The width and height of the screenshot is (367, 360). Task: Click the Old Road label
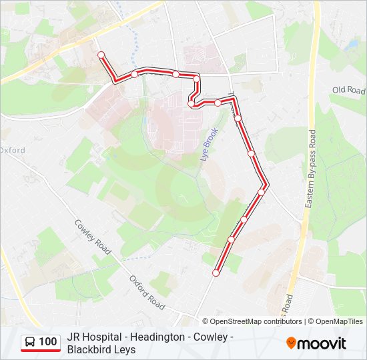coord(349,90)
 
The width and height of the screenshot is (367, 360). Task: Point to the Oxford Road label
coord(147,292)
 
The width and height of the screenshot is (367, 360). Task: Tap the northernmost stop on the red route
coord(101,55)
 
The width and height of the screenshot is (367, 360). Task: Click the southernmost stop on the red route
coord(216,273)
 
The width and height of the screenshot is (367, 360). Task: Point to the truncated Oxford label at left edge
coord(12,151)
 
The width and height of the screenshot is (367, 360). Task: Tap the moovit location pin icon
coord(291,343)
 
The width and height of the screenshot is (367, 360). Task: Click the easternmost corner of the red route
coord(268,183)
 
